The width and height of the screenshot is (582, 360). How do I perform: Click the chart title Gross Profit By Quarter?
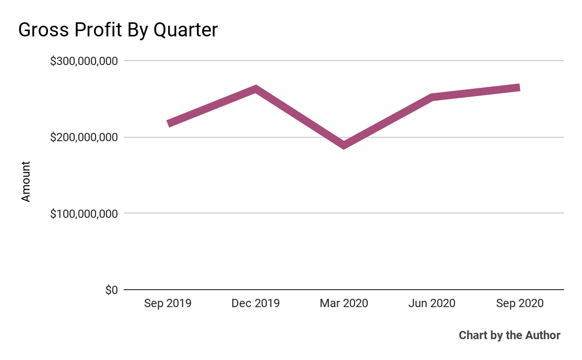click(118, 30)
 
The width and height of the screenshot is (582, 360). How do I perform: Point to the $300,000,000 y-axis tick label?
click(84, 61)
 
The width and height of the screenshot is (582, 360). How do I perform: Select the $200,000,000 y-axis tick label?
click(84, 137)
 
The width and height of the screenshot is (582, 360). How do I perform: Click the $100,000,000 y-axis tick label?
click(84, 213)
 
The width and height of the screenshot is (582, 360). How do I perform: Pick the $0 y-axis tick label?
click(111, 290)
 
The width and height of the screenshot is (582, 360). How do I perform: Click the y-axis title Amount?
click(26, 182)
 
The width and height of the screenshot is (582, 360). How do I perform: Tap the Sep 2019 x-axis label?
click(168, 304)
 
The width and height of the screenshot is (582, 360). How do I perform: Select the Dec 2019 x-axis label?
click(256, 304)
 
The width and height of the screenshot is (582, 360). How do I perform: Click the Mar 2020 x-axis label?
click(344, 304)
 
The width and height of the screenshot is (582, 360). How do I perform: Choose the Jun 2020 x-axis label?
click(432, 304)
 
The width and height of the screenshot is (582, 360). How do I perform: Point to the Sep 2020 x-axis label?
click(520, 304)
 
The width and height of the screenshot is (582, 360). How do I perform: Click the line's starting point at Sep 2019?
click(168, 124)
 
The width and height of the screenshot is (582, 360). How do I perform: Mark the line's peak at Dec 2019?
click(256, 89)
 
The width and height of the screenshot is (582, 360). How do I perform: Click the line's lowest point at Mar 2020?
click(344, 145)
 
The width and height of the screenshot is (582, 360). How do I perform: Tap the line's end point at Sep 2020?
click(519, 88)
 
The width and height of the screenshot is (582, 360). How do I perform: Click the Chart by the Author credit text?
click(509, 335)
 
